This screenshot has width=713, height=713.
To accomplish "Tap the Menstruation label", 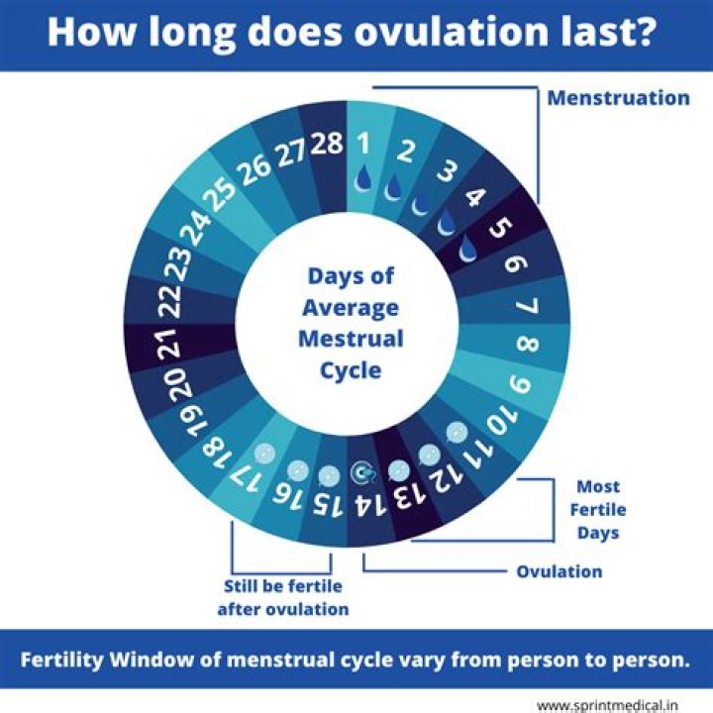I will click(618, 98).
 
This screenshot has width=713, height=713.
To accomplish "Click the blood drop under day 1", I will click(365, 176).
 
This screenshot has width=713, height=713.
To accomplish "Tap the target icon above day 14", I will click(362, 473).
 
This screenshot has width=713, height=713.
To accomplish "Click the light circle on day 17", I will click(260, 452).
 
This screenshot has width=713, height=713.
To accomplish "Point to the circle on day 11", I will click(457, 433).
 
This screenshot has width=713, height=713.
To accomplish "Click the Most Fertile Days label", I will click(598, 509).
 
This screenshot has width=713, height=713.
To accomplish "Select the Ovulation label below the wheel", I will click(559, 571).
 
